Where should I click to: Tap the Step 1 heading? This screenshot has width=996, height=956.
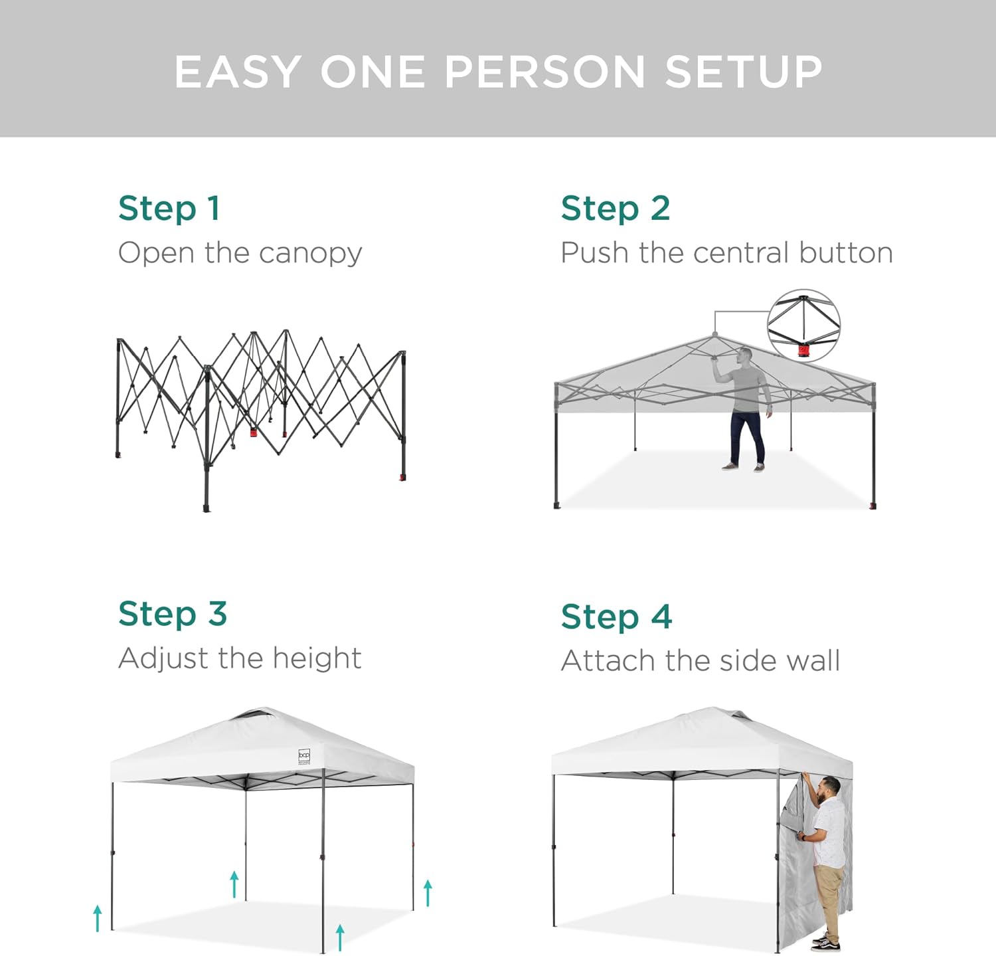pyautogui.click(x=169, y=209)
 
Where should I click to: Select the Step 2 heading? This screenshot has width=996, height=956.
pyautogui.click(x=616, y=209)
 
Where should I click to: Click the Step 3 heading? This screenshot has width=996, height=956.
pyautogui.click(x=173, y=614)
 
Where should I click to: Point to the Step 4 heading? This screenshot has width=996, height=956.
pyautogui.click(x=617, y=617)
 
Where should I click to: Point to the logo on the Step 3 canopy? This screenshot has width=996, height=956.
pyautogui.click(x=304, y=757)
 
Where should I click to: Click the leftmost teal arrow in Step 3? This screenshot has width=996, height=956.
pyautogui.click(x=98, y=918)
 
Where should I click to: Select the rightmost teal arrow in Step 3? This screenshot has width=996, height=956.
pyautogui.click(x=428, y=893)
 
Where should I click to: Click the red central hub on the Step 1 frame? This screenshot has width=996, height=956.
pyautogui.click(x=253, y=432)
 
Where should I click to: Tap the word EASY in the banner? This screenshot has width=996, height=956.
pyautogui.click(x=237, y=71)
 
